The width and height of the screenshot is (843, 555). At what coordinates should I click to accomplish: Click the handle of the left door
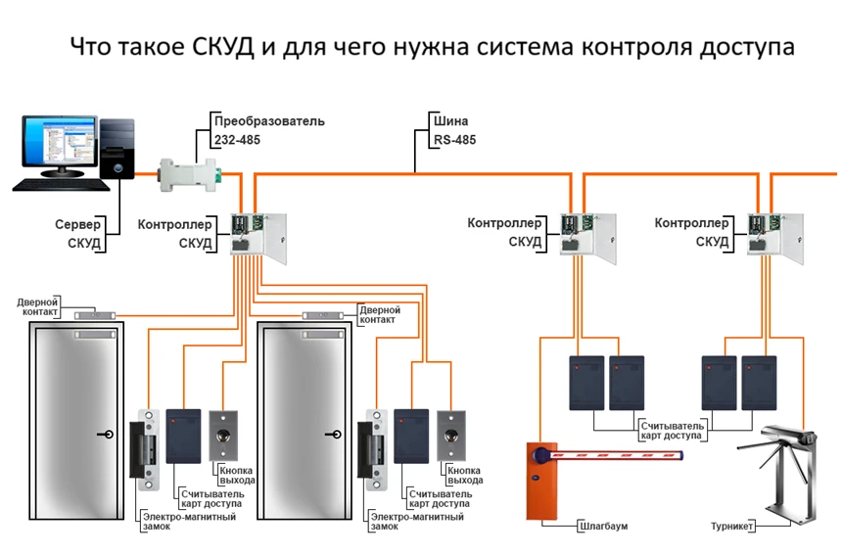click(105, 435)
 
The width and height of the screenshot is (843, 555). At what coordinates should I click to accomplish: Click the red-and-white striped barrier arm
click(617, 455)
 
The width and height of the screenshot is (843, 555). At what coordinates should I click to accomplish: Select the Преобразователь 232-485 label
click(268, 131)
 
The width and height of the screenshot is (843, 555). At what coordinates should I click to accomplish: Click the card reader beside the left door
click(183, 435)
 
